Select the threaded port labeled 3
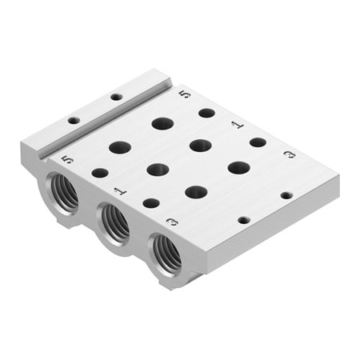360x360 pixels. pyautogui.click(x=168, y=252)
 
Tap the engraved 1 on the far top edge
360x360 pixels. pyautogui.click(x=235, y=125)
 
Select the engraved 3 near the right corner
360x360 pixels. pyautogui.click(x=289, y=154)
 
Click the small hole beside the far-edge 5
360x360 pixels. pyautogui.click(x=206, y=113)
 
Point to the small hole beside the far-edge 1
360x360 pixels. pyautogui.click(x=258, y=142)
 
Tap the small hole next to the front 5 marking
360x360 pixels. pyautogui.click(x=99, y=172)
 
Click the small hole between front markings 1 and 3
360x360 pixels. pyautogui.click(x=150, y=202)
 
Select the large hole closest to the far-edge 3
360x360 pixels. pyautogui.click(x=238, y=167)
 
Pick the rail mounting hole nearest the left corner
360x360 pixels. pyautogui.click(x=74, y=120)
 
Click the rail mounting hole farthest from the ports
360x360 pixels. pyautogui.click(x=116, y=97)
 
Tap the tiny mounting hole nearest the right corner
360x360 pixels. pyautogui.click(x=286, y=194)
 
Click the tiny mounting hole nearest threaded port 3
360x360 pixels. pyautogui.click(x=243, y=218)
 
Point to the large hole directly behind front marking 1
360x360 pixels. pyautogui.click(x=158, y=170)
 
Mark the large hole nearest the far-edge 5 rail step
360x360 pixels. pyautogui.click(x=162, y=123)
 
